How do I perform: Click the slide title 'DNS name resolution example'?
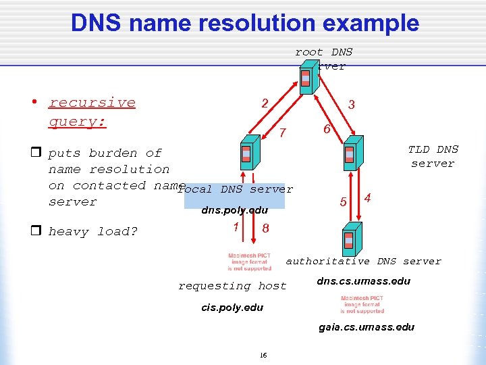(245, 23)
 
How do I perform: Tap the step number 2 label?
(265, 103)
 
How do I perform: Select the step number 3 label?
(351, 105)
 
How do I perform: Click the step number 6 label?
(326, 129)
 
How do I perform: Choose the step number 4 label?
(367, 198)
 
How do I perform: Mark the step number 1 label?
(235, 227)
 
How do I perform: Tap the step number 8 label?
(265, 228)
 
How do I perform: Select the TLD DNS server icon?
(350, 153)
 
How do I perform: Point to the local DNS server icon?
(246, 155)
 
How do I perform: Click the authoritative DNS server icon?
(349, 240)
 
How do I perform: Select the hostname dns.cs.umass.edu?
(364, 281)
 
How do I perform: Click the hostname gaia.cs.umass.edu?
(367, 327)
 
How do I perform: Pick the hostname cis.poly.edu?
(233, 308)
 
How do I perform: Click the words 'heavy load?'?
(93, 232)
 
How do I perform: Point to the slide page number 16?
(263, 355)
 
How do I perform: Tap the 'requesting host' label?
(232, 286)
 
